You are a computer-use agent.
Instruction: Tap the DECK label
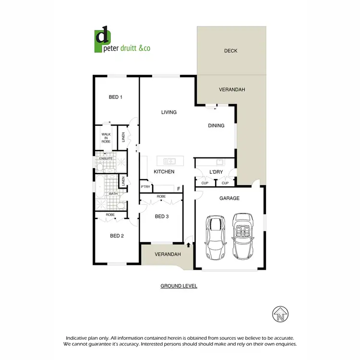[231, 51]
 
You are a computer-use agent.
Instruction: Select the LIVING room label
[169, 112]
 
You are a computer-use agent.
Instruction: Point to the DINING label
[216, 126]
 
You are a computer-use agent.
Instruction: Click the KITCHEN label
[164, 172]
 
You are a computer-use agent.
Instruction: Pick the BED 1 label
[116, 97]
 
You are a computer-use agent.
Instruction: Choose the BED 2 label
[117, 236]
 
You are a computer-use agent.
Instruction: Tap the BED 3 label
[162, 216]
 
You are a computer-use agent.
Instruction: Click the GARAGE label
[229, 198]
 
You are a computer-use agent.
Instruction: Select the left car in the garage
[216, 237]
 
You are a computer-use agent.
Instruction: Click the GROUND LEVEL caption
[179, 286]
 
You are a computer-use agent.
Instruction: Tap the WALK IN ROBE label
[106, 138]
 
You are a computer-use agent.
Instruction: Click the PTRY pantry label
[145, 187]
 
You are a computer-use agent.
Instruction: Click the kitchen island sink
[170, 161]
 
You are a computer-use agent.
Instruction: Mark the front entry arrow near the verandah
[189, 244]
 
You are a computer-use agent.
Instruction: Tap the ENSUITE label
[106, 158]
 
